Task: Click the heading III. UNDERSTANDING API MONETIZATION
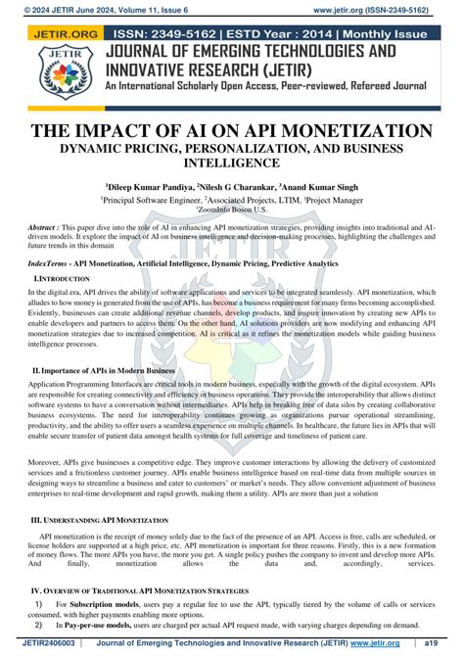(100, 520)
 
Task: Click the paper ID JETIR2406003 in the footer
(38, 643)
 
